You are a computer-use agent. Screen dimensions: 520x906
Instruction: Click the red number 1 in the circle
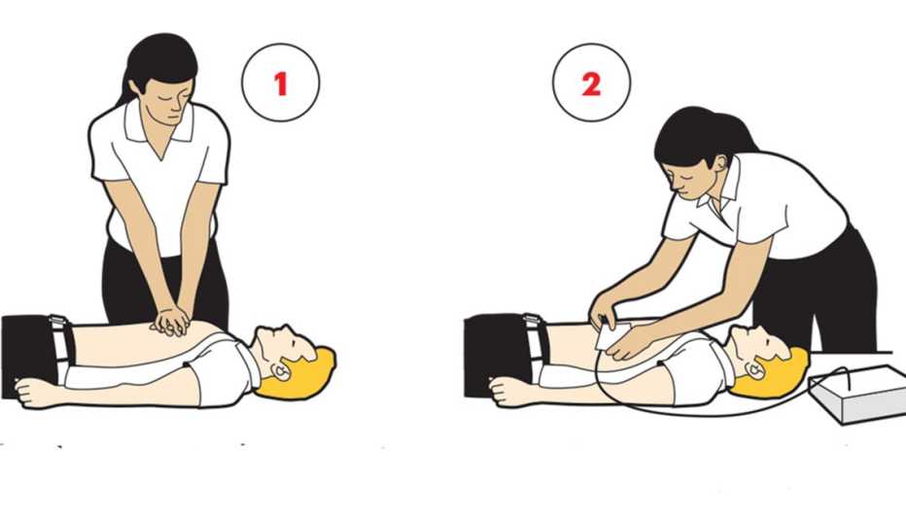281,85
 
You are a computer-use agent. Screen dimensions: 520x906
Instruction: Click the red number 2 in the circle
591,85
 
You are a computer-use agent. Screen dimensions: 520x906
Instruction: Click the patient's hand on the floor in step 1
34,392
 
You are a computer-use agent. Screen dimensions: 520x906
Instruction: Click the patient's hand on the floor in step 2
506,392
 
